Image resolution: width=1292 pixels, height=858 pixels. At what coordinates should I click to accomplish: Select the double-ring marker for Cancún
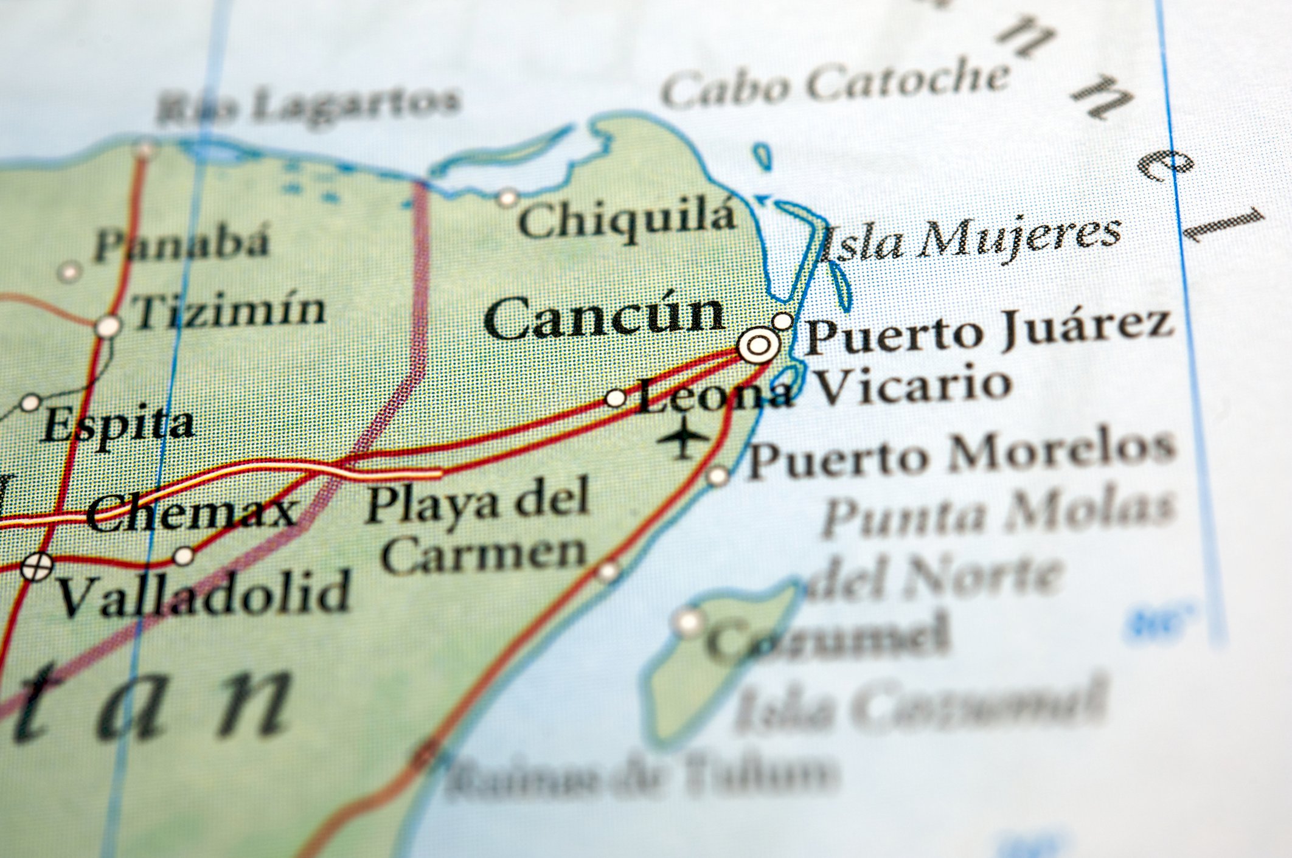pyautogui.click(x=758, y=345)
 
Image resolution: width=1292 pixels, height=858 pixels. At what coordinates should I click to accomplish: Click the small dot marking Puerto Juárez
pyautogui.click(x=782, y=320)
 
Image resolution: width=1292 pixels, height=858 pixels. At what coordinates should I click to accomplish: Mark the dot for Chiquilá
pyautogui.click(x=507, y=197)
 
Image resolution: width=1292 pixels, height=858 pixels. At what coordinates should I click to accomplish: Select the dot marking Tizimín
pyautogui.click(x=108, y=327)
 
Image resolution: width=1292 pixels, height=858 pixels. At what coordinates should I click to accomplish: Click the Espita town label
pyautogui.click(x=119, y=424)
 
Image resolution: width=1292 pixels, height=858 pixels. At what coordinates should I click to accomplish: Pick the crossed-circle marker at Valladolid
pyautogui.click(x=36, y=567)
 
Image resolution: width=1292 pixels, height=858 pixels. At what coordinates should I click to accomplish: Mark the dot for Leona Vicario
pyautogui.click(x=616, y=398)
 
